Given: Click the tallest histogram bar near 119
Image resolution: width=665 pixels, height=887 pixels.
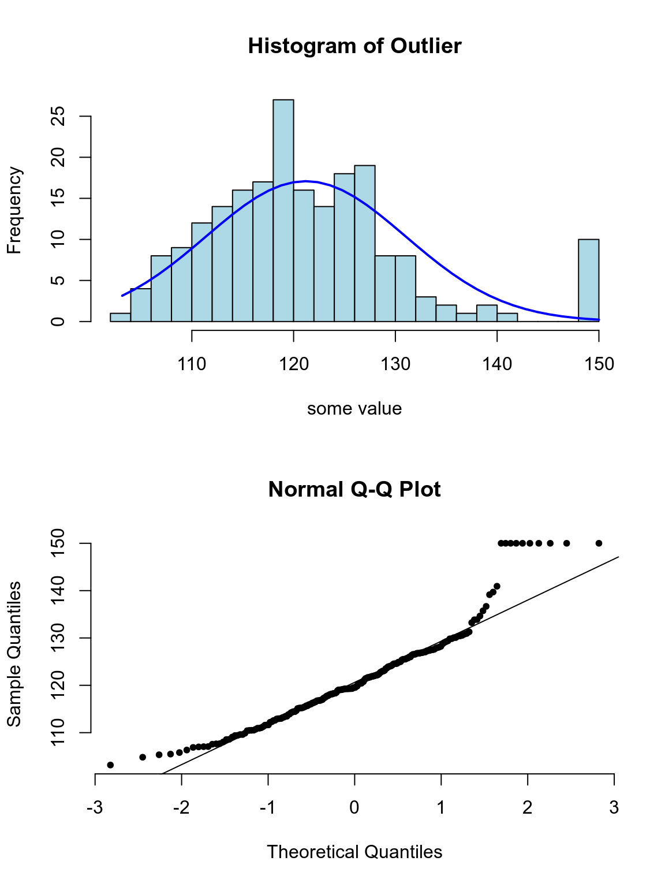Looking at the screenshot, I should [x=283, y=210].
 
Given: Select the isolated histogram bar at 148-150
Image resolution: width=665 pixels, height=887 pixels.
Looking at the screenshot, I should [x=589, y=280].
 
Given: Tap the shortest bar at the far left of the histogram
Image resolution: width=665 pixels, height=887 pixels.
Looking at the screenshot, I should [x=120, y=317].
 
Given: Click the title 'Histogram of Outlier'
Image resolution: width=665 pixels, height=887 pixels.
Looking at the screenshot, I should [x=354, y=46].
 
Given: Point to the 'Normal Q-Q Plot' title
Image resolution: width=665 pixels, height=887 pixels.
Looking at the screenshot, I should [x=354, y=490].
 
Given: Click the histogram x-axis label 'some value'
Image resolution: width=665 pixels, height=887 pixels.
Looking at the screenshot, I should [x=354, y=409].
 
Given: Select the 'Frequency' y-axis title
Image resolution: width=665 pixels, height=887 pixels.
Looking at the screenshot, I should [x=14, y=210].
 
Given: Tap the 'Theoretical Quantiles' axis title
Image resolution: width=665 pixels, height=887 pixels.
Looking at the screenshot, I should [x=354, y=852].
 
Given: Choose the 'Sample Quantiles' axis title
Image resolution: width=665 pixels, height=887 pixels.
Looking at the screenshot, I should [x=14, y=654].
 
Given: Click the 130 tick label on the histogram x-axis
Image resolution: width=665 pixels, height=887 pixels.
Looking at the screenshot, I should [x=395, y=364].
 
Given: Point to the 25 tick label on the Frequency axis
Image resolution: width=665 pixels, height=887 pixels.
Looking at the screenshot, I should [x=58, y=117].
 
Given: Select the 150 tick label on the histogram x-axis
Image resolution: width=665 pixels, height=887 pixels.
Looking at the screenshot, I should [x=599, y=364].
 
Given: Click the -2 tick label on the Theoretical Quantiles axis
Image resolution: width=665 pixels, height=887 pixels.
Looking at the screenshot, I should [x=181, y=807].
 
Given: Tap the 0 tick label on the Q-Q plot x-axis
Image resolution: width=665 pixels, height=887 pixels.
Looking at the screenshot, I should [x=354, y=807].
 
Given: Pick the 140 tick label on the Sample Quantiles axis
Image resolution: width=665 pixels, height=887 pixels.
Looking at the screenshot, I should [x=58, y=591].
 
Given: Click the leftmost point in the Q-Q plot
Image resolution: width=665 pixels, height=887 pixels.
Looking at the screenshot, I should [x=110, y=765].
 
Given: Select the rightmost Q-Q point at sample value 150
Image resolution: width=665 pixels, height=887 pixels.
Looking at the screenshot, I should [x=599, y=543].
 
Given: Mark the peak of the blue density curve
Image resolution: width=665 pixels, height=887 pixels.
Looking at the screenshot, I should [x=306, y=181].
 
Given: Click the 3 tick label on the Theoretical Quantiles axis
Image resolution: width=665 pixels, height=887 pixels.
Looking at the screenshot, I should [x=614, y=807].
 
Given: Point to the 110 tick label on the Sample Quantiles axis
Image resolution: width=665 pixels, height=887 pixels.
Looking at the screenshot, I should [x=58, y=732].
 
